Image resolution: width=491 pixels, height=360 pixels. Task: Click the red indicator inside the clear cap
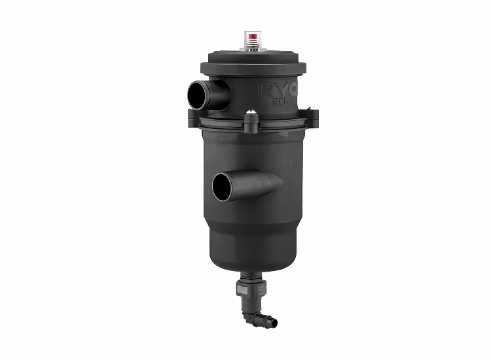click(252, 35)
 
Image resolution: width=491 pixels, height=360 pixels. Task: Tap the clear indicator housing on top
click(252, 39)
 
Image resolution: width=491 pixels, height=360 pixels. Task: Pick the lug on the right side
click(312, 117)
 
